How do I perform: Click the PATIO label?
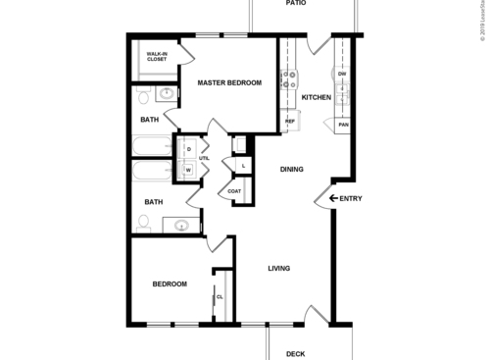tap(296, 4)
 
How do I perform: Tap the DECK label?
tap(295, 354)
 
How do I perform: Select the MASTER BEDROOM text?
tap(230, 83)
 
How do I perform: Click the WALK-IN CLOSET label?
tap(157, 56)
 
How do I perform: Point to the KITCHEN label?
tap(316, 97)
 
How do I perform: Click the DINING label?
tap(290, 169)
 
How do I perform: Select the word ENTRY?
tap(351, 199)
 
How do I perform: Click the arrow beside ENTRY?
tap(333, 199)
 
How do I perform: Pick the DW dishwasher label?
tap(342, 74)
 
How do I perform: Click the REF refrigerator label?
tap(290, 122)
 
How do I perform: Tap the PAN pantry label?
tap(343, 125)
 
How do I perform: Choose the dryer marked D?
tap(188, 149)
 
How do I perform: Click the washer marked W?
tap(188, 170)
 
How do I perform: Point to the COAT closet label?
tap(235, 190)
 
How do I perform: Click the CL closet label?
tap(220, 296)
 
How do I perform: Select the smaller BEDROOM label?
tap(170, 284)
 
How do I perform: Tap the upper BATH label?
tap(149, 120)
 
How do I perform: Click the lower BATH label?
tap(154, 202)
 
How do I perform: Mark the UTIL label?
tap(205, 158)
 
